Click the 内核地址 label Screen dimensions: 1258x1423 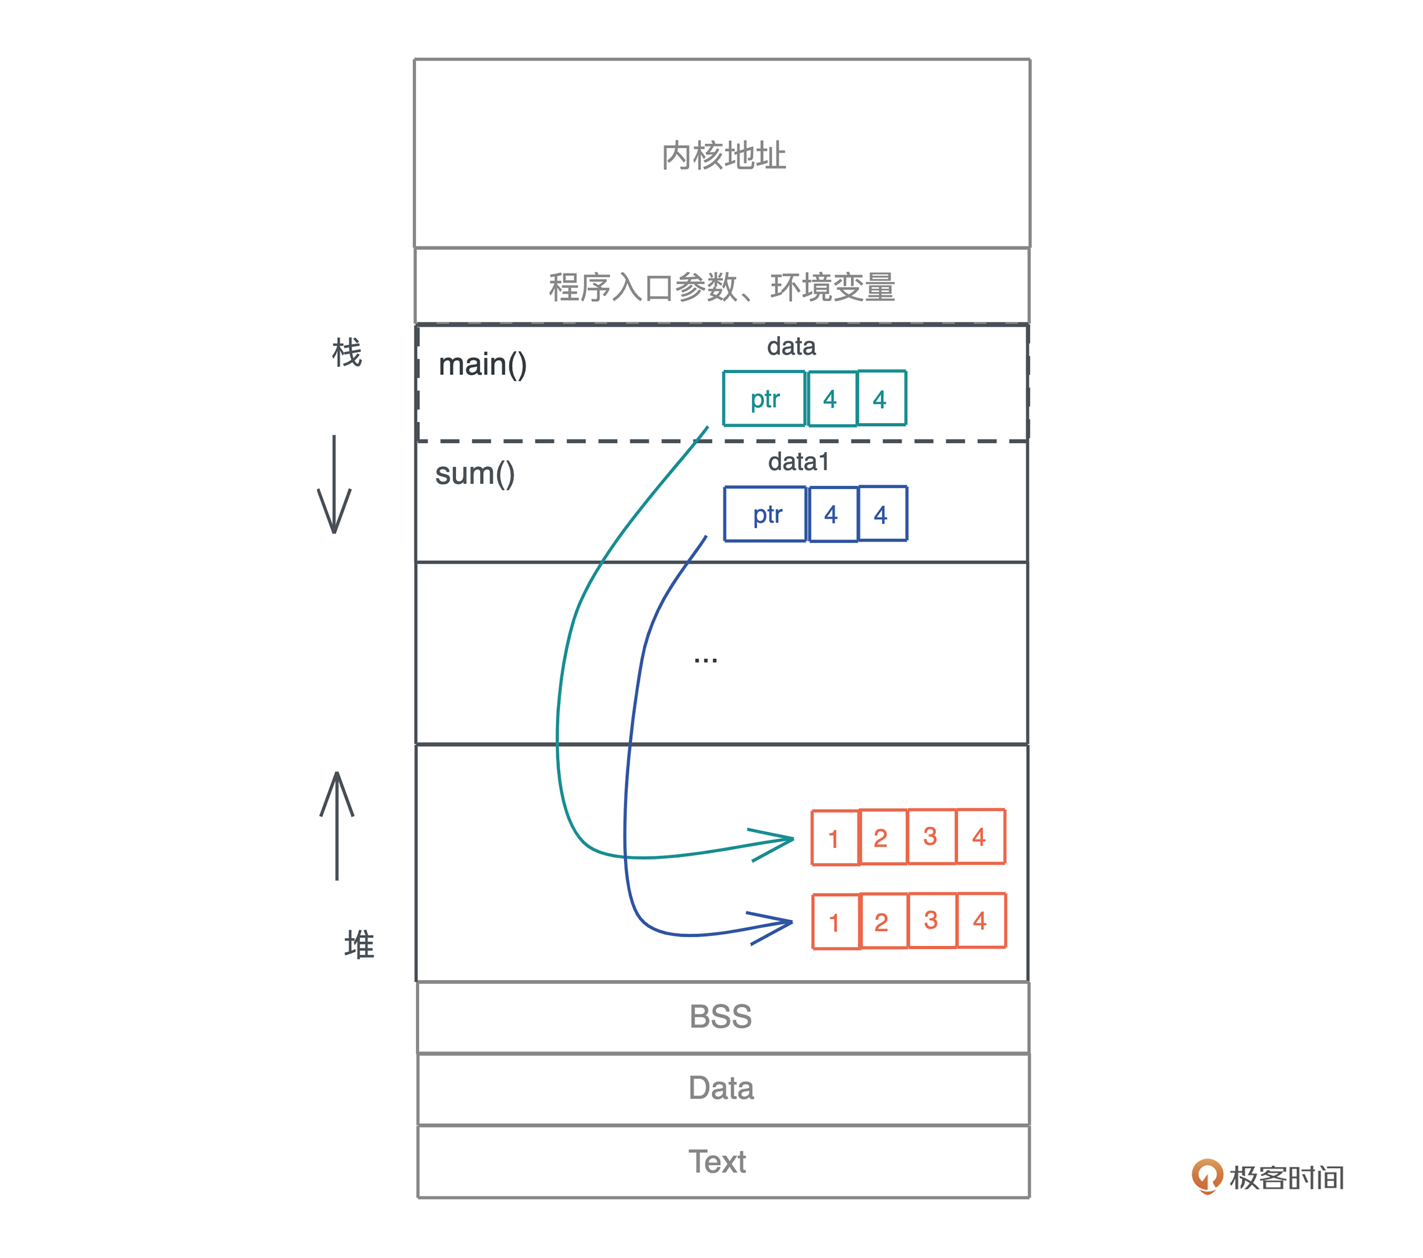point(723,155)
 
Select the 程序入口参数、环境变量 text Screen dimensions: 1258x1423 point(722,287)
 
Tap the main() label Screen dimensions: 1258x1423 point(483,365)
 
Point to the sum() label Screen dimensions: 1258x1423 point(475,474)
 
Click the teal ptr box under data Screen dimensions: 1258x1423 point(764,398)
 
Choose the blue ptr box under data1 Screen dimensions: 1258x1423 point(766,514)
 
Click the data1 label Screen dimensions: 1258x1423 point(798,462)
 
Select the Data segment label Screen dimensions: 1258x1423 point(721,1088)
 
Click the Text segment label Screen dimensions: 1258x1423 point(717,1162)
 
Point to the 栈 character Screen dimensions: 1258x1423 point(347,352)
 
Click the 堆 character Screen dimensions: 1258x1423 point(359,945)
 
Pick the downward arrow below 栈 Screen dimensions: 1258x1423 point(334,488)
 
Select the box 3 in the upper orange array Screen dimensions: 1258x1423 point(930,837)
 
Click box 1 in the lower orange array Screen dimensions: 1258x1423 point(835,922)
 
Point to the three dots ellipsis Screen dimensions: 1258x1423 point(705,659)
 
